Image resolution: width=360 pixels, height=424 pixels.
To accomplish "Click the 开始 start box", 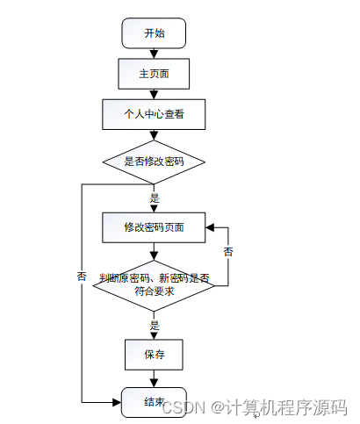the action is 154,33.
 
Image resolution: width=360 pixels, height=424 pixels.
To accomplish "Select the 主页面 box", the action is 154,74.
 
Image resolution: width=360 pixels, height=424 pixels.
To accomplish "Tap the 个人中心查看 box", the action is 154,114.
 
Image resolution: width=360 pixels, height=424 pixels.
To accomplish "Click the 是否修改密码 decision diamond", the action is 154,162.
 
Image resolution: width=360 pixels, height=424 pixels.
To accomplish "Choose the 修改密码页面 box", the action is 154,227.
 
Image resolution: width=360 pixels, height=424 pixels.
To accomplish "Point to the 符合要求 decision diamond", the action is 154,285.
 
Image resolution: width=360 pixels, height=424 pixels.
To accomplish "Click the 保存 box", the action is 154,355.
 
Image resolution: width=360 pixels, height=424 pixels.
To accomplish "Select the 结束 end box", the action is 154,402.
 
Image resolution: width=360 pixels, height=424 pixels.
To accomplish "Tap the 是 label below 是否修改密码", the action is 155,198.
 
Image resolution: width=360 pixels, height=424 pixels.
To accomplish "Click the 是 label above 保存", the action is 155,325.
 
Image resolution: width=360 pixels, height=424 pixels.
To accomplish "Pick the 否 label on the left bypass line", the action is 82,276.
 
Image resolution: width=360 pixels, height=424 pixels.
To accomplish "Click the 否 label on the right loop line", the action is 228,252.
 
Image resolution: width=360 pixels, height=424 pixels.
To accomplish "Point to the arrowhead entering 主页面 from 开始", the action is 154,54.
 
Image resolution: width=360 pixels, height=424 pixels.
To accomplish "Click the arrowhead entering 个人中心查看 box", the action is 154,95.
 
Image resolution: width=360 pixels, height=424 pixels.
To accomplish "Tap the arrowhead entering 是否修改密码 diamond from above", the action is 154,136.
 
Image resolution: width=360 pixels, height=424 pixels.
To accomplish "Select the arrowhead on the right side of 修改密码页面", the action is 210,227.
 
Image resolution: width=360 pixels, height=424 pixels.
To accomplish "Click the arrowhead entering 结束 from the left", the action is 117,402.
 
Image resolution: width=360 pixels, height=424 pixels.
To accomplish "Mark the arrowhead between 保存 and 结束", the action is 154,384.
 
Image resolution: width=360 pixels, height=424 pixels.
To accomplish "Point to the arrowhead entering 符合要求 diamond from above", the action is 154,256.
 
